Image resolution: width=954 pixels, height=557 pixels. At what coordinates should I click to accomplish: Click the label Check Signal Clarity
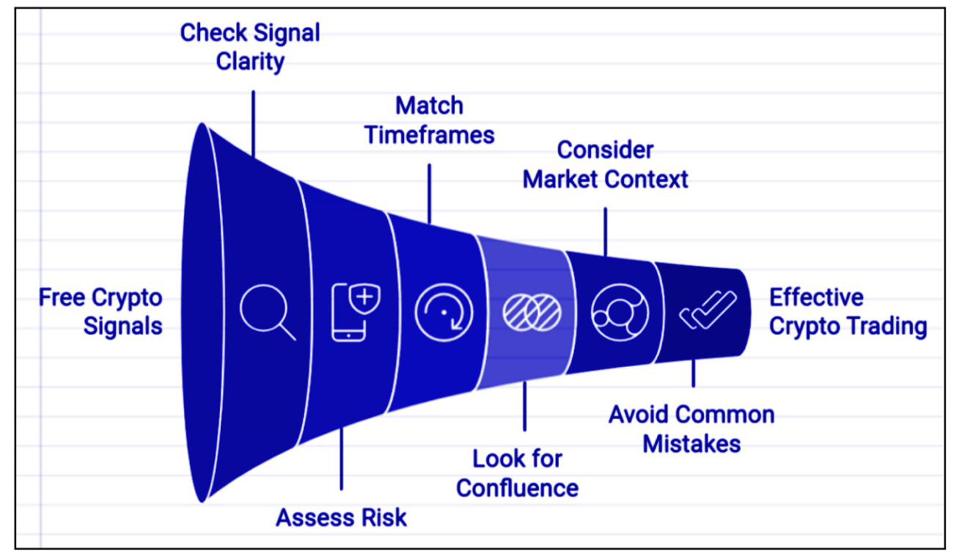point(250,46)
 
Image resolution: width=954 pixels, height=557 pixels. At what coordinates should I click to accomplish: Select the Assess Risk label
point(341,517)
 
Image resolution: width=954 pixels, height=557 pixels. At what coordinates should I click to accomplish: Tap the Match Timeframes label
point(430,120)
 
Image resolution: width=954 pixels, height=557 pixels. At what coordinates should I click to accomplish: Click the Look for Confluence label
point(517,473)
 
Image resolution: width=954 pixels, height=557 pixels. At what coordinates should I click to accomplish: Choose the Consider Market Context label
point(605,164)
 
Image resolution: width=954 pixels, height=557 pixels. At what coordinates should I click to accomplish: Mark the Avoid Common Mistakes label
point(691,429)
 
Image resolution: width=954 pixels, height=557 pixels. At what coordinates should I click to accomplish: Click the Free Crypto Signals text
point(101,311)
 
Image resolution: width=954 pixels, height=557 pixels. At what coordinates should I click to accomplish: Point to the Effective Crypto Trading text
point(847,312)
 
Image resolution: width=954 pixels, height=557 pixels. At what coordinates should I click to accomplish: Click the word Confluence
point(517,488)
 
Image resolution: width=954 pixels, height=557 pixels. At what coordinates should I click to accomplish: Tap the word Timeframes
point(430,135)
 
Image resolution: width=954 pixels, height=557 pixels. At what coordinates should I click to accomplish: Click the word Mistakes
point(691,444)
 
